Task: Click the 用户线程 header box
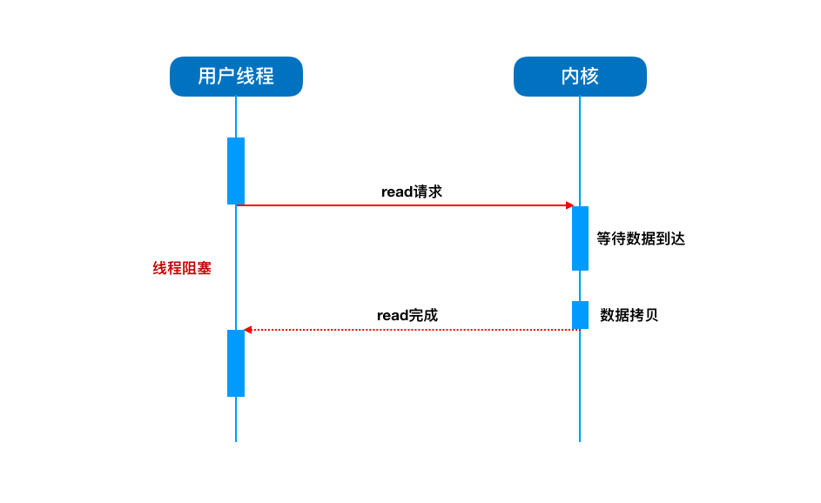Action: tap(236, 77)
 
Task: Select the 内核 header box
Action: tap(580, 77)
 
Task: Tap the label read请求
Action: tap(411, 191)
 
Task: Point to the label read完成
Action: tap(407, 315)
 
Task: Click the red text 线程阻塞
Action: tap(182, 268)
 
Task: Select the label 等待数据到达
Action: tap(641, 238)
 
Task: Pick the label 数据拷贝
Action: tap(629, 314)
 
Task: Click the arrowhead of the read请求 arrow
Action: tap(569, 205)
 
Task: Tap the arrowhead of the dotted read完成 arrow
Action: tap(248, 330)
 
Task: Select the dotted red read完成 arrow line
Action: tap(409, 330)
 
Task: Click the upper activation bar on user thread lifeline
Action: tap(236, 171)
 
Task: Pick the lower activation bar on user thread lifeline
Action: tap(236, 363)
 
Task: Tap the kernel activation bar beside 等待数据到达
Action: tap(580, 238)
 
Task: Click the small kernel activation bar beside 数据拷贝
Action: tap(580, 314)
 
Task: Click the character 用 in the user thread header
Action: tap(207, 77)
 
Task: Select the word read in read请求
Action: tap(396, 191)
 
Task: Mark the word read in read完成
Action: tap(392, 315)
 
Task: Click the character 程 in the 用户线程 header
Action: tap(265, 77)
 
